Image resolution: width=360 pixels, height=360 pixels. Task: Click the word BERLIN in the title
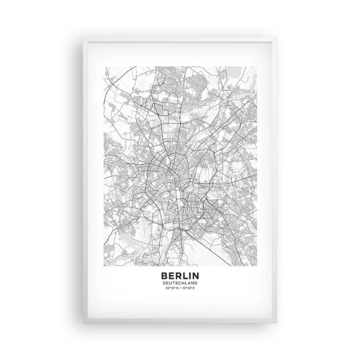[179, 274]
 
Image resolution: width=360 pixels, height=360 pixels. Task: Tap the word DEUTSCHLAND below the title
[179, 282]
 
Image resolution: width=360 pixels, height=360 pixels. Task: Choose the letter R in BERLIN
[177, 274]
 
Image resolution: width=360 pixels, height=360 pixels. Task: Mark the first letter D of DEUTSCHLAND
[166, 282]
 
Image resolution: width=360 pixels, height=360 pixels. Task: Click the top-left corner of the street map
[105, 66]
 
